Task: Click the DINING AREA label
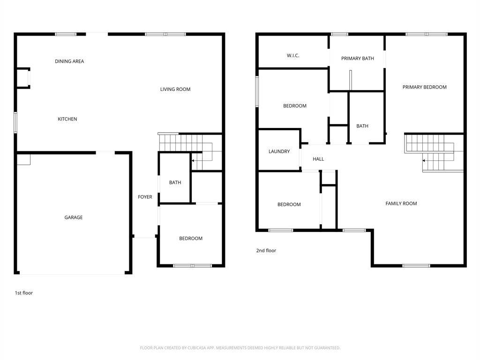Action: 69,61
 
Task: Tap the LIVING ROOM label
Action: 175,89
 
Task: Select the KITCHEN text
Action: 67,119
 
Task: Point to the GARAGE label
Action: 74,217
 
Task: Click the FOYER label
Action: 145,197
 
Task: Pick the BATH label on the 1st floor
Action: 175,182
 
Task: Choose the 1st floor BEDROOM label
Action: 191,238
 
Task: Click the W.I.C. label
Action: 293,55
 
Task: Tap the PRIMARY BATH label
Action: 358,58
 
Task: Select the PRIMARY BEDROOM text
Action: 425,87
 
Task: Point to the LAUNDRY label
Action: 279,151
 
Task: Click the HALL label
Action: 318,159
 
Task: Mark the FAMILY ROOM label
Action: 401,203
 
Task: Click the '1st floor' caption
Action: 24,292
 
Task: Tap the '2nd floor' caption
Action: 266,250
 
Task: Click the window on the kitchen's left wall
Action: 15,122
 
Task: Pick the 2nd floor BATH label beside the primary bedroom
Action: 362,126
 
